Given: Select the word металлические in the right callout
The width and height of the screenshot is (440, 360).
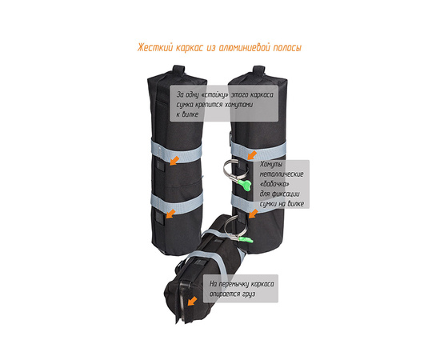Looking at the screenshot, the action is click(x=282, y=174).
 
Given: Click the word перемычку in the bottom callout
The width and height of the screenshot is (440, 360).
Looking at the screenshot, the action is click(x=234, y=284).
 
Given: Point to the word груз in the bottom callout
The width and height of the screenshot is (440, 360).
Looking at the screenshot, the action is click(x=250, y=294).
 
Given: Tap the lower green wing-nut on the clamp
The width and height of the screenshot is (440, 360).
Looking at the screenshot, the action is click(x=246, y=240).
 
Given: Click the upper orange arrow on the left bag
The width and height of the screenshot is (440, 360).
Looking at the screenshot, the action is click(x=174, y=161).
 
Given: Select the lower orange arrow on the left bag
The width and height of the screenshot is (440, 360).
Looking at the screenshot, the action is click(x=171, y=214).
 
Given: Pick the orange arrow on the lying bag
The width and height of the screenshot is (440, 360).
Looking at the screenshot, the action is click(x=192, y=302).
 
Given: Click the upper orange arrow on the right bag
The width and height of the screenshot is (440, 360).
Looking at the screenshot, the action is click(x=252, y=155).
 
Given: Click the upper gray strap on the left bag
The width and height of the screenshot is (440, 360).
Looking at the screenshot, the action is click(x=177, y=151).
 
